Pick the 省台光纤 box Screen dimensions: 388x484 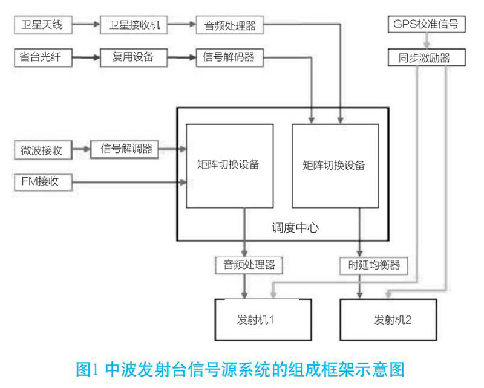41,57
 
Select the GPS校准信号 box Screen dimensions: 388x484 427,25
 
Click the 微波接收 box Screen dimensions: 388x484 42,149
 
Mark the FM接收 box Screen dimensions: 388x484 41,181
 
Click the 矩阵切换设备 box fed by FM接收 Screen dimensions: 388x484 229,165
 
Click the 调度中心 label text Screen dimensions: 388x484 295,228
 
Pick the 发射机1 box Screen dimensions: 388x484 264,318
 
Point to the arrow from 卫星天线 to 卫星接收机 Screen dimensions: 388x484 85,25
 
